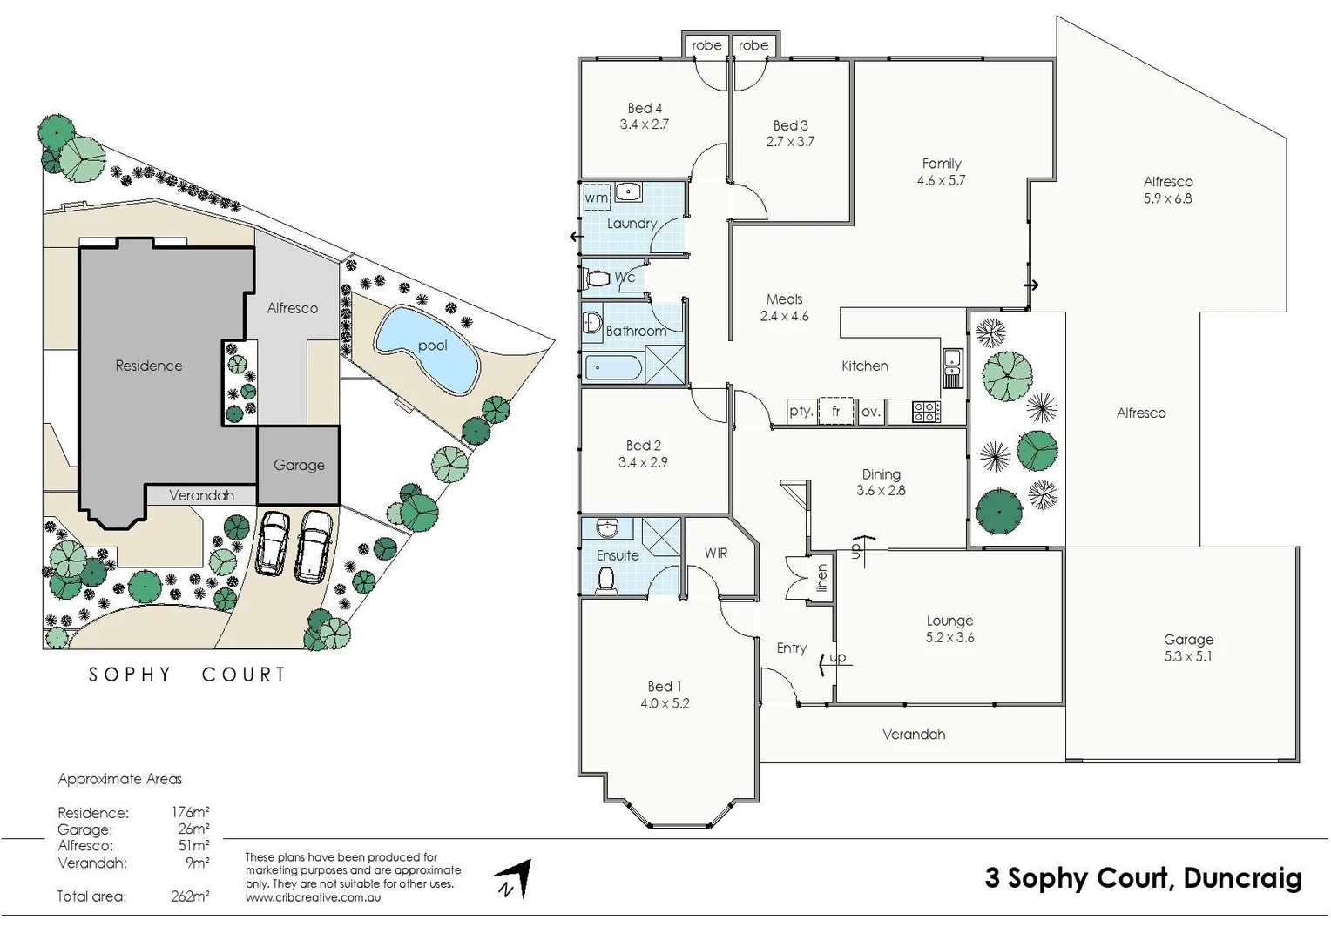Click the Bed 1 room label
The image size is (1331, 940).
coord(665,687)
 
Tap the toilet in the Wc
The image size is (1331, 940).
coord(598,279)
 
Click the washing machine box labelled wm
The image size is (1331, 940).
coord(596,198)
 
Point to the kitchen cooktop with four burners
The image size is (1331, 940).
coord(926,412)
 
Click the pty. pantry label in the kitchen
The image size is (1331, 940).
coord(801,411)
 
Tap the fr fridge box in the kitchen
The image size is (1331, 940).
coord(835,411)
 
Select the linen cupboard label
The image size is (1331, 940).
coord(821,577)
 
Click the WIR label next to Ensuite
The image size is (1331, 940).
coord(716,553)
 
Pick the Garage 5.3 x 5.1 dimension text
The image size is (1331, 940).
coord(1188,656)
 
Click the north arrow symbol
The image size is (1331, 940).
coord(515,879)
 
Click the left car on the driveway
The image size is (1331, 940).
coord(273,543)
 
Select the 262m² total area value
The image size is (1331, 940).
coord(190,896)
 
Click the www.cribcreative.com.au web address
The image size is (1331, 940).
coord(313,897)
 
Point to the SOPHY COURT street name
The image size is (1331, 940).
coord(187,675)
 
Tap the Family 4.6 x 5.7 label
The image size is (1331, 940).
coord(942,171)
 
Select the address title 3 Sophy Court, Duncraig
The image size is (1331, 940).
coord(1143,877)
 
